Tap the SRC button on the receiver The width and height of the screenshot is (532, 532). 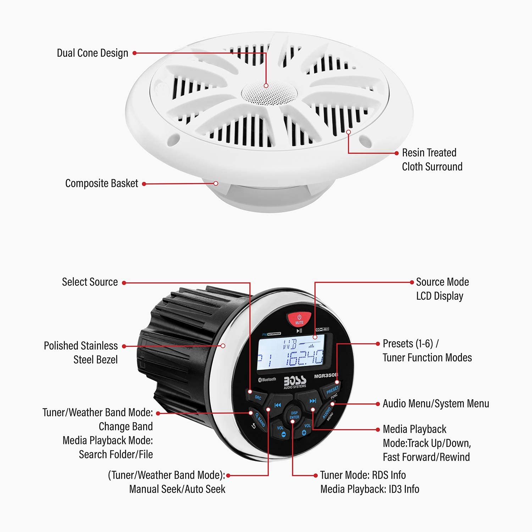coord(257,397)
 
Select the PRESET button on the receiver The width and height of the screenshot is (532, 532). coord(332,390)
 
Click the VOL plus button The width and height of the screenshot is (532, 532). coord(305,430)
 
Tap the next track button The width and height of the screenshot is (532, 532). coord(312,401)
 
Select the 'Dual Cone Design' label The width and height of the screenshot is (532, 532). coord(93,53)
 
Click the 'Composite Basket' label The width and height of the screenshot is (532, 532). coord(101,183)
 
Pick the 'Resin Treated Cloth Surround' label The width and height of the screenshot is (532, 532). coord(432,160)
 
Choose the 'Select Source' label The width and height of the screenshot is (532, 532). coord(90,282)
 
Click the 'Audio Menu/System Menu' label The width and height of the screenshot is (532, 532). coord(436,404)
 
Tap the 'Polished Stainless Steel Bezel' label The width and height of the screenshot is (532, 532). coord(81,353)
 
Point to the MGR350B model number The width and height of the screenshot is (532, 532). coord(326,376)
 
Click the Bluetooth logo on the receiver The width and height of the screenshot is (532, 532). coord(267,380)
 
